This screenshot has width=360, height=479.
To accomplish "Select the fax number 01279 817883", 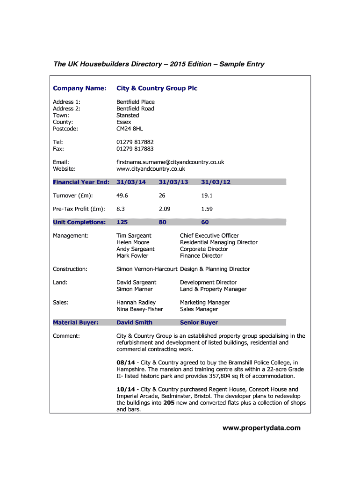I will point(135,149).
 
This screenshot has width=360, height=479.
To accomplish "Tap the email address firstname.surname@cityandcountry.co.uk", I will point(170,162).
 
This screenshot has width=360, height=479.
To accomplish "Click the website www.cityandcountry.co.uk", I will point(151,169).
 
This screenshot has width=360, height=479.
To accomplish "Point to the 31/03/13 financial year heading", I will point(173,182).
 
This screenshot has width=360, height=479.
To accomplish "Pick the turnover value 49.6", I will point(122,196).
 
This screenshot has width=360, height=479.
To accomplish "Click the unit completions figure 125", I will point(122,222).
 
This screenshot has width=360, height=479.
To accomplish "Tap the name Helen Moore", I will point(133,242).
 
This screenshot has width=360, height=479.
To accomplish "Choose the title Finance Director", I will point(201,256).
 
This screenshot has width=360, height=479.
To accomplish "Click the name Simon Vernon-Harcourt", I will point(147,269).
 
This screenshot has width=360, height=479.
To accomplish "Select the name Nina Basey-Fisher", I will point(139,309).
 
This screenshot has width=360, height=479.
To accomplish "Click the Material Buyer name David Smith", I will point(134,322).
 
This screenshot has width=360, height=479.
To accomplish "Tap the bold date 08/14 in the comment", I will point(126,363).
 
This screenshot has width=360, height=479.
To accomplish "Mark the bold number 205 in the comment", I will point(169,403).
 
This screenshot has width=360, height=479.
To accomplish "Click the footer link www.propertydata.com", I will point(261,428).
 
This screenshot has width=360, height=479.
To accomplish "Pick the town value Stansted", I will point(128,115).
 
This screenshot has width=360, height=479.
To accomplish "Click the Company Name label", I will point(79,88).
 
